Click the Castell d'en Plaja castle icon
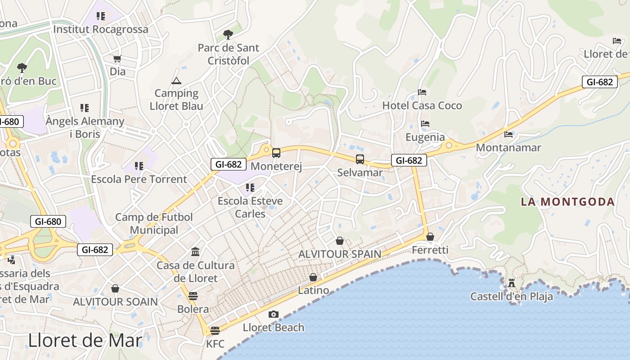pos(511,283)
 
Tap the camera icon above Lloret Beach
pos(273,314)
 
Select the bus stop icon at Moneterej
pos(276,153)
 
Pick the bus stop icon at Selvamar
pos(360,159)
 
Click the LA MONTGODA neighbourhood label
pos(568,202)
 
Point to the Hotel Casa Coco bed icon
pos(422,92)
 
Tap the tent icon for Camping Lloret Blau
pos(176,81)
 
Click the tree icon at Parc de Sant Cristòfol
pos(228,34)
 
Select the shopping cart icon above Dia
pos(117,58)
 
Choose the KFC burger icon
pos(215,331)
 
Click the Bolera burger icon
pos(193,296)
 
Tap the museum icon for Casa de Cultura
pos(195,252)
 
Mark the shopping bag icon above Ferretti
pos(430,237)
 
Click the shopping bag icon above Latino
pos(313,277)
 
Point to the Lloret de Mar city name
pos(85,340)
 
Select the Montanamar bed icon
pos(508,134)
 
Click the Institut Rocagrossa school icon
pos(101,16)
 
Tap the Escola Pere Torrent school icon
pos(139,166)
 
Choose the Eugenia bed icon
pos(425,124)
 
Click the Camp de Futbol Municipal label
pos(154,224)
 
